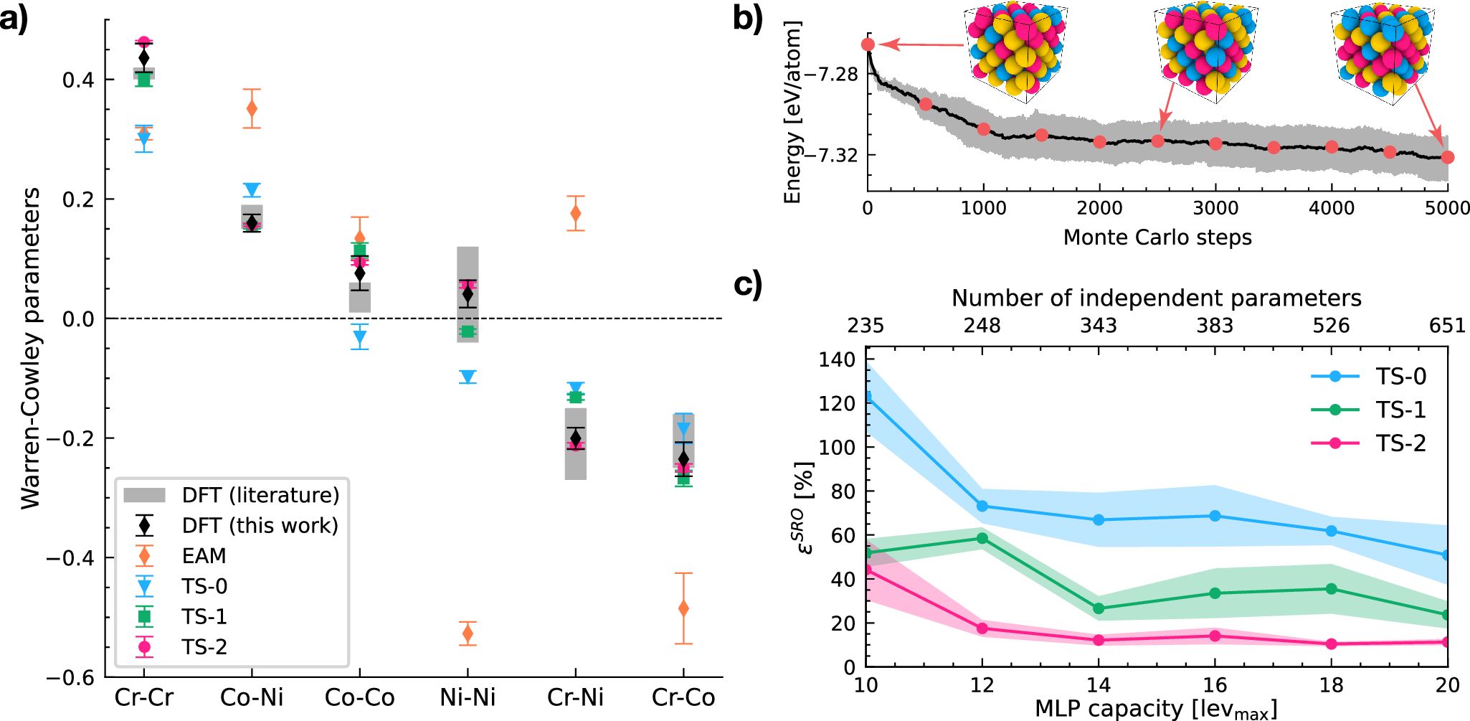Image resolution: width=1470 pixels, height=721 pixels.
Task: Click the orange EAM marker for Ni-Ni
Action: [468, 633]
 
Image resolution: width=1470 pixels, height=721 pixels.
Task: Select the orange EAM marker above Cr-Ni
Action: [575, 213]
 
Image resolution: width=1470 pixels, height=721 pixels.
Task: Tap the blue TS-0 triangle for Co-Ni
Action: [252, 190]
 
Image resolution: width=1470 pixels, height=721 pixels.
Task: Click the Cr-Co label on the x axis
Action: [683, 697]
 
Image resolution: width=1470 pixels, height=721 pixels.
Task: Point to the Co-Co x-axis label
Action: [359, 697]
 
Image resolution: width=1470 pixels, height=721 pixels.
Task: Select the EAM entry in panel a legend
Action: [204, 556]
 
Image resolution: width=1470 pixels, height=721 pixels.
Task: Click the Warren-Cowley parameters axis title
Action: [30, 349]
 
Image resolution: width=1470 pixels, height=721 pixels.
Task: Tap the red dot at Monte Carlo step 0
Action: [868, 44]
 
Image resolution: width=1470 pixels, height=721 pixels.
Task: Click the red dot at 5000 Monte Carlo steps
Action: [1447, 157]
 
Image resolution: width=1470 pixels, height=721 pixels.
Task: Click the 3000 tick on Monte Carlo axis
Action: [1215, 209]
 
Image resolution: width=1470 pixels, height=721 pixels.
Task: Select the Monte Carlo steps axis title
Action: [1157, 237]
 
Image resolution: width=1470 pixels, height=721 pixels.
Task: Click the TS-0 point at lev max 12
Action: [982, 506]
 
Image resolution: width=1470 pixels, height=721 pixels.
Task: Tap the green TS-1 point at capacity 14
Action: [1099, 608]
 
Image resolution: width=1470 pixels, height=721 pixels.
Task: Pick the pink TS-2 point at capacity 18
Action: [1332, 644]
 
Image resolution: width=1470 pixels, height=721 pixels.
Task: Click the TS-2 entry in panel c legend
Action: [1400, 443]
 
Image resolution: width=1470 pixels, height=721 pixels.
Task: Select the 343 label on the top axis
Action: [1099, 326]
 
